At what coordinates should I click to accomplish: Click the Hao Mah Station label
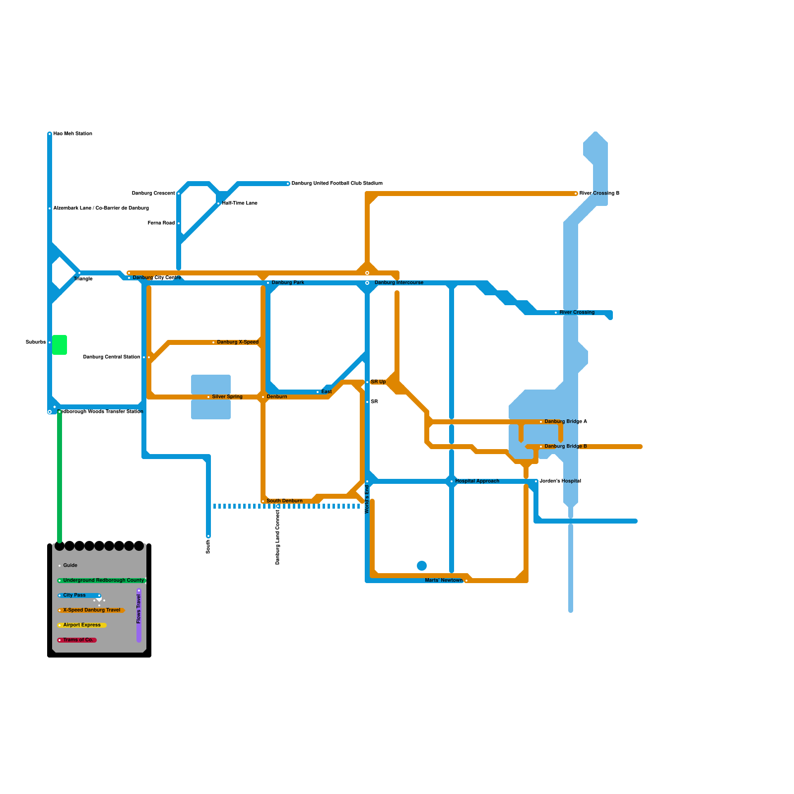click(72, 134)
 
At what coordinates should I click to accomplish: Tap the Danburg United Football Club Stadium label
click(337, 184)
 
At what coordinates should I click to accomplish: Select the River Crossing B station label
click(599, 194)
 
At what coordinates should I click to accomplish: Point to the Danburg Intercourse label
click(398, 283)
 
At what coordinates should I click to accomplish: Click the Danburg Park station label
click(288, 283)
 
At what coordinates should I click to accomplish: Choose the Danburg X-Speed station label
click(238, 342)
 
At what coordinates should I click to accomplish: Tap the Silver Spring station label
click(227, 397)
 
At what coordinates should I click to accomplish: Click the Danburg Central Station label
click(112, 357)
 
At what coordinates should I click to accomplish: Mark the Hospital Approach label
click(477, 481)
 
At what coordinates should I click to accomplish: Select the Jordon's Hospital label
click(560, 481)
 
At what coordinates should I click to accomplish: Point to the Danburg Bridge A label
click(566, 422)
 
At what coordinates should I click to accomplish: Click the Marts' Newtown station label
click(444, 581)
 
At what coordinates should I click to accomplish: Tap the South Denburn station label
click(284, 501)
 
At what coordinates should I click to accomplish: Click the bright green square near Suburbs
click(60, 345)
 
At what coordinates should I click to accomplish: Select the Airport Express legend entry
click(82, 625)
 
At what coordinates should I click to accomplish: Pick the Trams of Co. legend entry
click(78, 640)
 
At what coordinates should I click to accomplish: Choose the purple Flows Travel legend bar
click(139, 615)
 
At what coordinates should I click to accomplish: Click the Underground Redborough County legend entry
click(103, 581)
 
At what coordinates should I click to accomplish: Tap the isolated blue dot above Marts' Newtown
click(422, 566)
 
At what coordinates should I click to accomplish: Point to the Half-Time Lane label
click(240, 203)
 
